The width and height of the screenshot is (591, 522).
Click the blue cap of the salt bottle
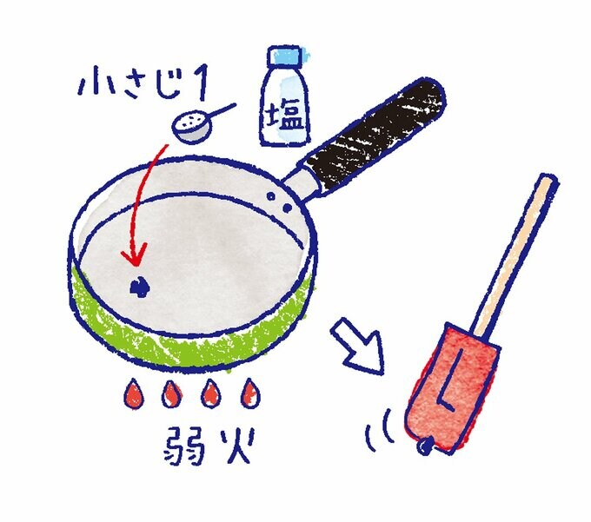(284, 56)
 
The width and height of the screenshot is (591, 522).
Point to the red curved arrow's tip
(136, 264)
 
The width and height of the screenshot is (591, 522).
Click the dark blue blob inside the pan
(139, 287)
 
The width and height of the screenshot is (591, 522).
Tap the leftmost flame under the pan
(134, 394)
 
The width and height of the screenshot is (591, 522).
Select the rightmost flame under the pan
(250, 393)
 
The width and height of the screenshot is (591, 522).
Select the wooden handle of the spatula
(515, 256)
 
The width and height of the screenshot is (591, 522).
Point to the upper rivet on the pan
(270, 195)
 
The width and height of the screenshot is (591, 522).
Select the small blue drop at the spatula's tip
(425, 446)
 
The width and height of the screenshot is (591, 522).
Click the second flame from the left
(171, 394)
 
